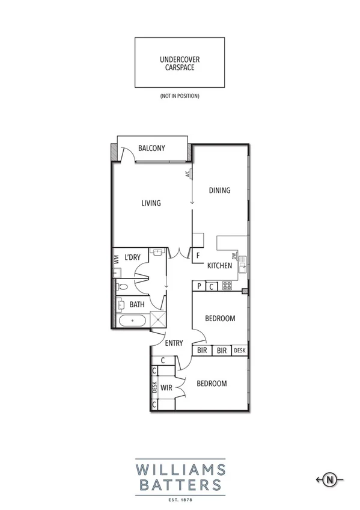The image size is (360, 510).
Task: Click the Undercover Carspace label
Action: click(x=179, y=64)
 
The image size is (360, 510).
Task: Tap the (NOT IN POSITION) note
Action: click(x=179, y=96)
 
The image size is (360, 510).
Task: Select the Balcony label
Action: click(x=151, y=149)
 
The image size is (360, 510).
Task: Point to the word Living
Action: click(x=151, y=203)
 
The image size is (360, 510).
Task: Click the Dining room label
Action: click(x=219, y=191)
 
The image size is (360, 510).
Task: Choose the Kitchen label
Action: click(x=219, y=266)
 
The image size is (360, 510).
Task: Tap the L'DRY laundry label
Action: click(x=132, y=257)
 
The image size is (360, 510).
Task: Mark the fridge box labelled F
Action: click(x=197, y=256)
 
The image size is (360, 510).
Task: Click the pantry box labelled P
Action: click(x=199, y=287)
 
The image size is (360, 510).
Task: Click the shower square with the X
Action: click(x=157, y=319)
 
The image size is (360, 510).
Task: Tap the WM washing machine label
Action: click(x=116, y=259)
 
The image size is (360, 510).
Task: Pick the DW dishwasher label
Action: click(x=234, y=255)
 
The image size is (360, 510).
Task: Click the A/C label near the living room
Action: click(x=188, y=174)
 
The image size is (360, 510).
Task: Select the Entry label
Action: click(x=174, y=343)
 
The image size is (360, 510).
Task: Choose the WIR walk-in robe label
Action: click(x=166, y=389)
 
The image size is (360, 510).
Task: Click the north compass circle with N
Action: click(x=329, y=479)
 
